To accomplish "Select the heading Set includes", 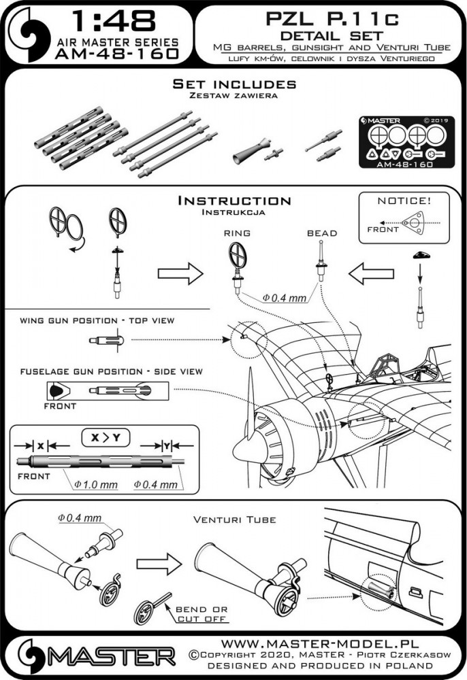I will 233,85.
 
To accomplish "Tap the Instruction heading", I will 233,201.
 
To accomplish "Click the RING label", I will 237,233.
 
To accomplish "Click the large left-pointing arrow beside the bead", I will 364,275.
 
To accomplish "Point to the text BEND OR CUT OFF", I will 202,615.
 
